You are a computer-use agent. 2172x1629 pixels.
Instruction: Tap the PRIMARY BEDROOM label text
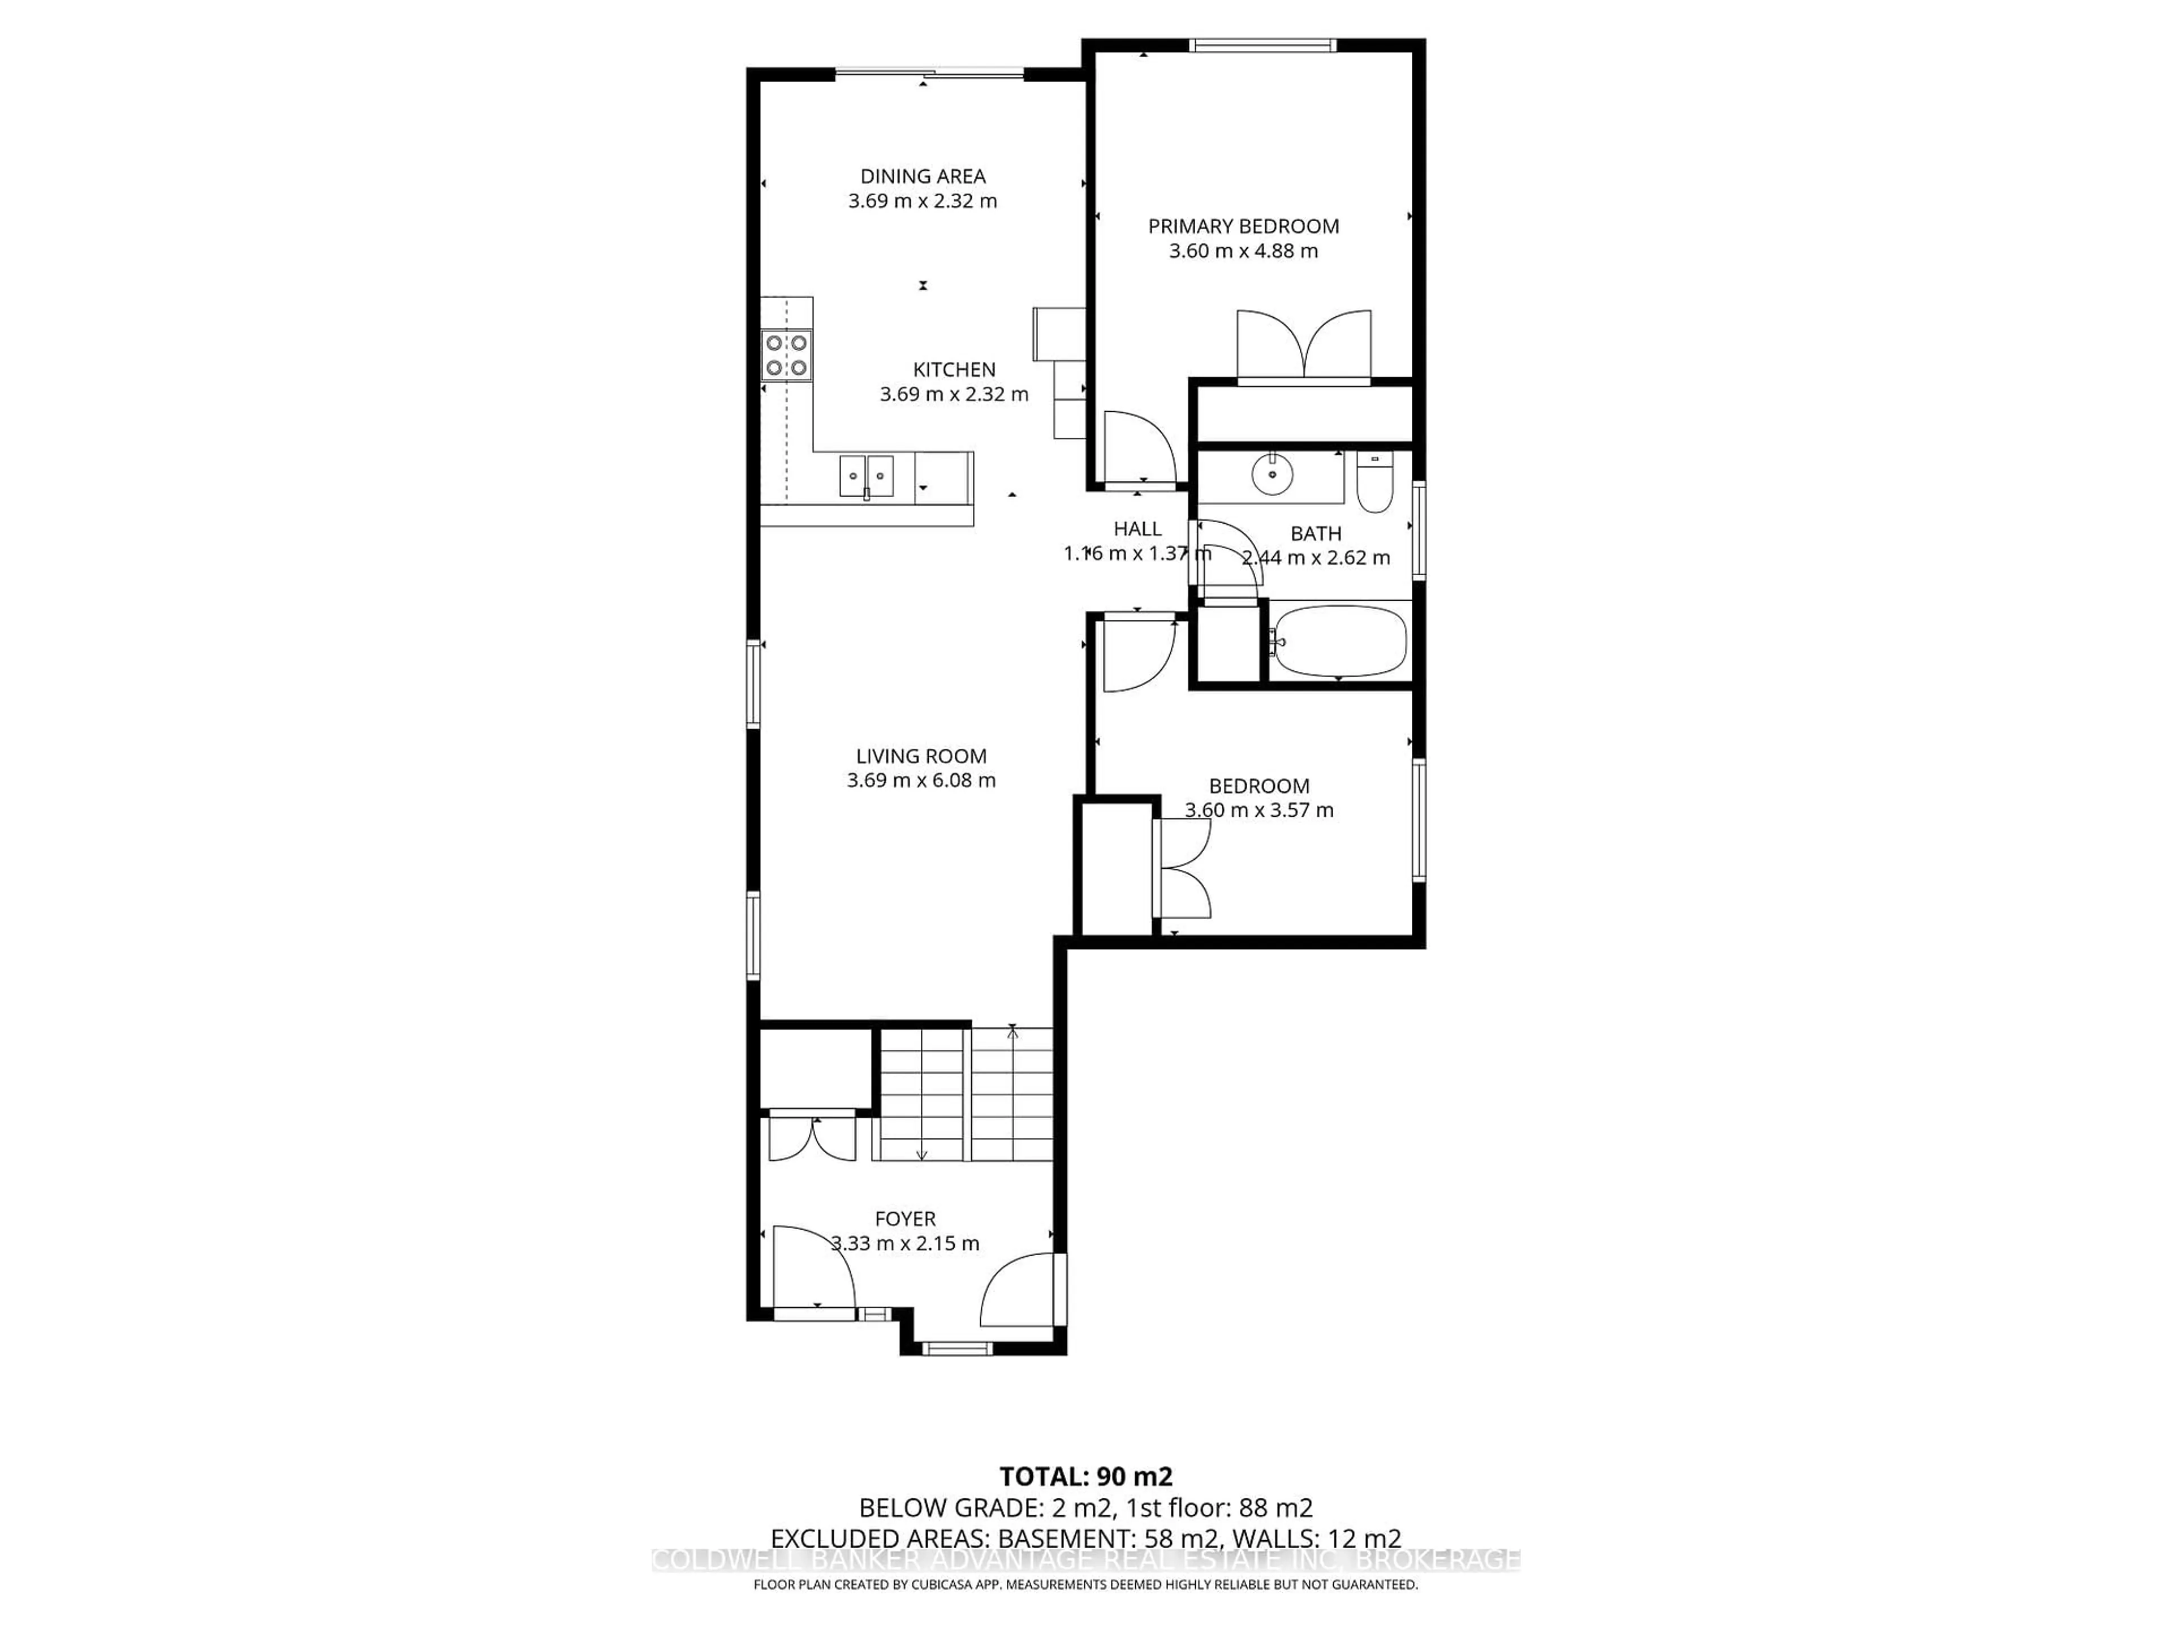tap(1243, 227)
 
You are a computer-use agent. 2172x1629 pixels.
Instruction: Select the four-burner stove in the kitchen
tap(787, 355)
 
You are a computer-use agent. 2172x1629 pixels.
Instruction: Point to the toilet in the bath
tap(1374, 484)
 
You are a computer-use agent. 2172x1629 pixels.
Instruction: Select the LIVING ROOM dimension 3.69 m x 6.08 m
tap(921, 781)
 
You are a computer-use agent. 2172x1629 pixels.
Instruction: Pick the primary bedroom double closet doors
tap(1303, 346)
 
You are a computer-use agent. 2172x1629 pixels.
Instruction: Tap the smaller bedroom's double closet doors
tap(1183, 868)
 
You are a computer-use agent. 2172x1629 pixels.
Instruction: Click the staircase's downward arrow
tap(921, 1153)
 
